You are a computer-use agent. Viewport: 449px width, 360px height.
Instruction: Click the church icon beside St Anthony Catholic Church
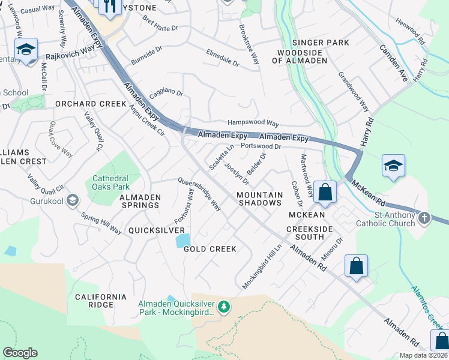424,217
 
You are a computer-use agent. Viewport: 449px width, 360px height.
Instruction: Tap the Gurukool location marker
73,200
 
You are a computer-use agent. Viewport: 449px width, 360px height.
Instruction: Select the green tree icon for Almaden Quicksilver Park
224,307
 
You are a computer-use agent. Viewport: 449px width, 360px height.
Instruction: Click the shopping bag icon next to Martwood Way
325,193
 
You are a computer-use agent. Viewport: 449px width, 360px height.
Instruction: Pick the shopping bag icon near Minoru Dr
356,266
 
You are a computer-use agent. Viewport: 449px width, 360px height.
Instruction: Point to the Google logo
20,353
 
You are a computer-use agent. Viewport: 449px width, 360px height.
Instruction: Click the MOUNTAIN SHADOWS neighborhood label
259,199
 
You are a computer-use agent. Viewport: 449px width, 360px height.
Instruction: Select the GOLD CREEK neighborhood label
210,249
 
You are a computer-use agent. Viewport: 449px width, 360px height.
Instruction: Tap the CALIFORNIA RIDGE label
101,301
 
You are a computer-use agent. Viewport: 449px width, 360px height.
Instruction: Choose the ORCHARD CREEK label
91,104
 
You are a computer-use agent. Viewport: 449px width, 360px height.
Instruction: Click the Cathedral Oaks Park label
110,182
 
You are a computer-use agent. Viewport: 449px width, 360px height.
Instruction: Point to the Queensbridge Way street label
199,194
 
